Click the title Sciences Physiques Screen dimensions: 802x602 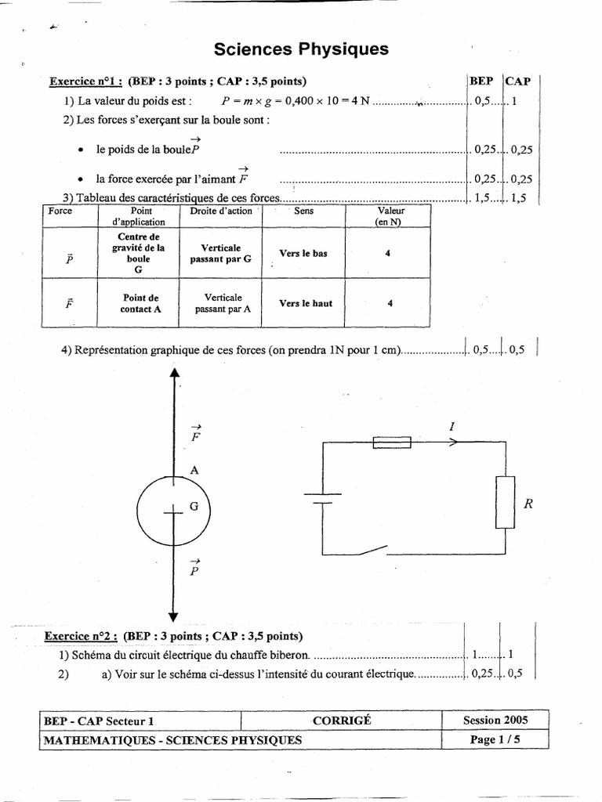(x=301, y=49)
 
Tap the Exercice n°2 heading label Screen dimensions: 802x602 (x=80, y=636)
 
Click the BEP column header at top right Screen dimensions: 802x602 (x=481, y=81)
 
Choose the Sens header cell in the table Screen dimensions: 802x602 (x=303, y=211)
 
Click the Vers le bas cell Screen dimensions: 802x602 (x=303, y=254)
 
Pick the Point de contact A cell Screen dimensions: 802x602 (x=140, y=303)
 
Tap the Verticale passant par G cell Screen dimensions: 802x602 (x=221, y=252)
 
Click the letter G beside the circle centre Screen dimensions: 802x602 (x=194, y=507)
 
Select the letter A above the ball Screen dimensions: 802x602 (x=194, y=470)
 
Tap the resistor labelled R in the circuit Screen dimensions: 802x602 (x=504, y=502)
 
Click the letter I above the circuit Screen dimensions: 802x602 (x=451, y=426)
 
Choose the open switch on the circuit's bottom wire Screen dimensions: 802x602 (x=370, y=551)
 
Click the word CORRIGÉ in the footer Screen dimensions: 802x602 (x=340, y=720)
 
